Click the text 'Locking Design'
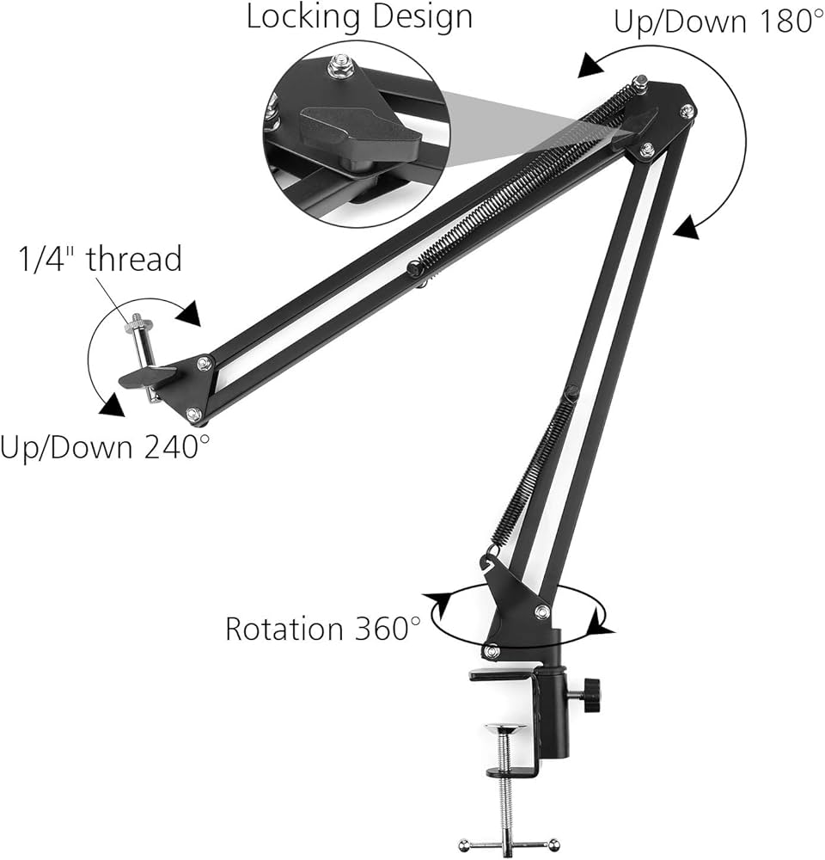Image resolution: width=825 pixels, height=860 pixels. (359, 17)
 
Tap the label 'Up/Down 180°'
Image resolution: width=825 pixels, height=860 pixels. (718, 21)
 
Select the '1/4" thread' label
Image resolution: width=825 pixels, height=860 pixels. (101, 258)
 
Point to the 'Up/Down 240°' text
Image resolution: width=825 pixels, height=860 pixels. (104, 448)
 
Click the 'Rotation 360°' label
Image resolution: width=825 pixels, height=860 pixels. (323, 629)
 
